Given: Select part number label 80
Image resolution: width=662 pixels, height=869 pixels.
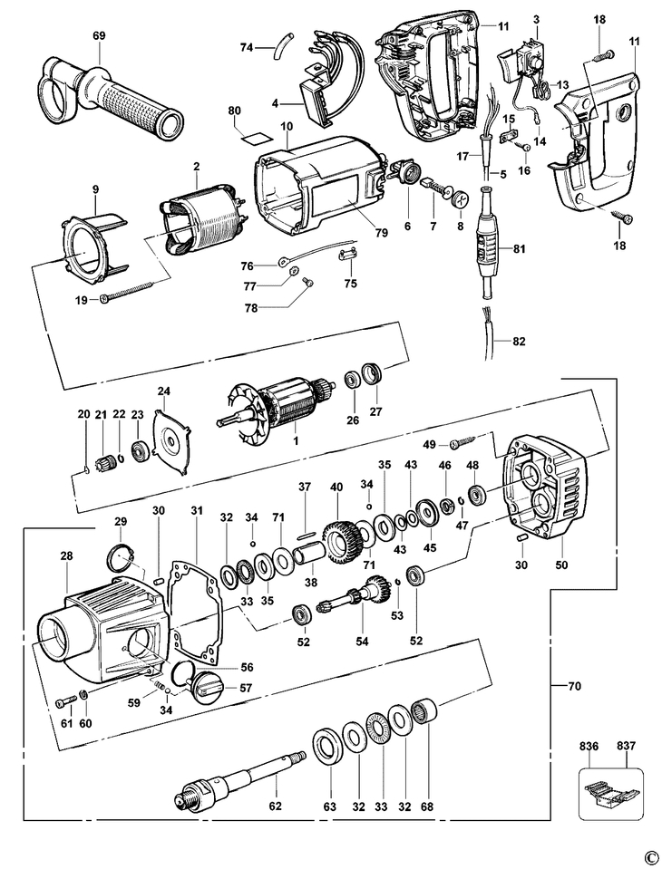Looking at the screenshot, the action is pos(234,111).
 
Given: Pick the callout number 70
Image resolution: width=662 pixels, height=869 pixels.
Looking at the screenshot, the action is pos(574,686).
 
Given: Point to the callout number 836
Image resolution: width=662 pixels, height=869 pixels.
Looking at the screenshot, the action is pos(589,747).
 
